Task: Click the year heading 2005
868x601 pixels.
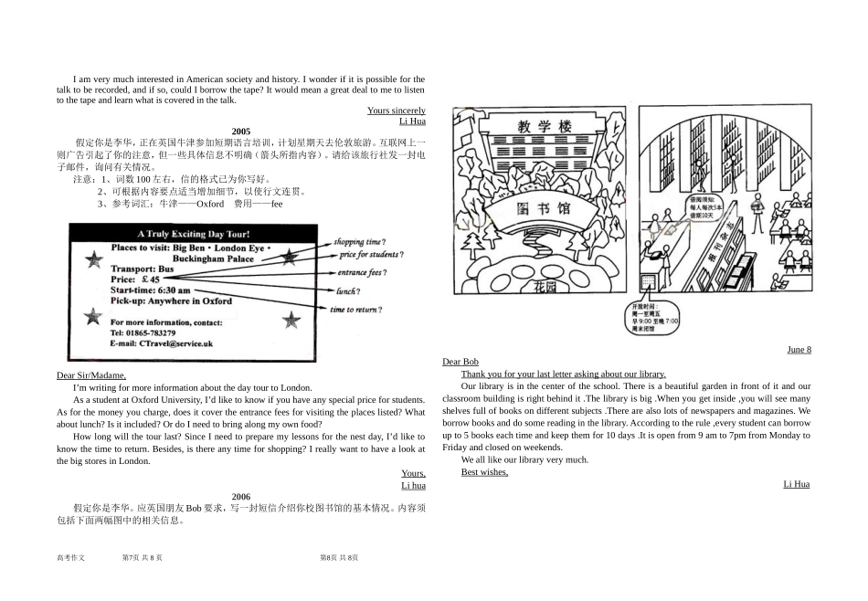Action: (240, 132)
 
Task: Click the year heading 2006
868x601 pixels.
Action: (240, 497)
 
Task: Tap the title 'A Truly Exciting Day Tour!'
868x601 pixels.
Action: (195, 235)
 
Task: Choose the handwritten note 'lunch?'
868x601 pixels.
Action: (347, 291)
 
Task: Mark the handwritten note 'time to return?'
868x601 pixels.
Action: (355, 310)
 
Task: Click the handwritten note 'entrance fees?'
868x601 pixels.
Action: (362, 272)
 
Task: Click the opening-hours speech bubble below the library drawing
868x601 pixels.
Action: (654, 317)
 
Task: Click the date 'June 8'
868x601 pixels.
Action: (798, 350)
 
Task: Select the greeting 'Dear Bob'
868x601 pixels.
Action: (460, 362)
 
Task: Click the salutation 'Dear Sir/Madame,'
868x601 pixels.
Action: (91, 375)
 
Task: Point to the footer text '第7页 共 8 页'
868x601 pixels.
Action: (142, 557)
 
